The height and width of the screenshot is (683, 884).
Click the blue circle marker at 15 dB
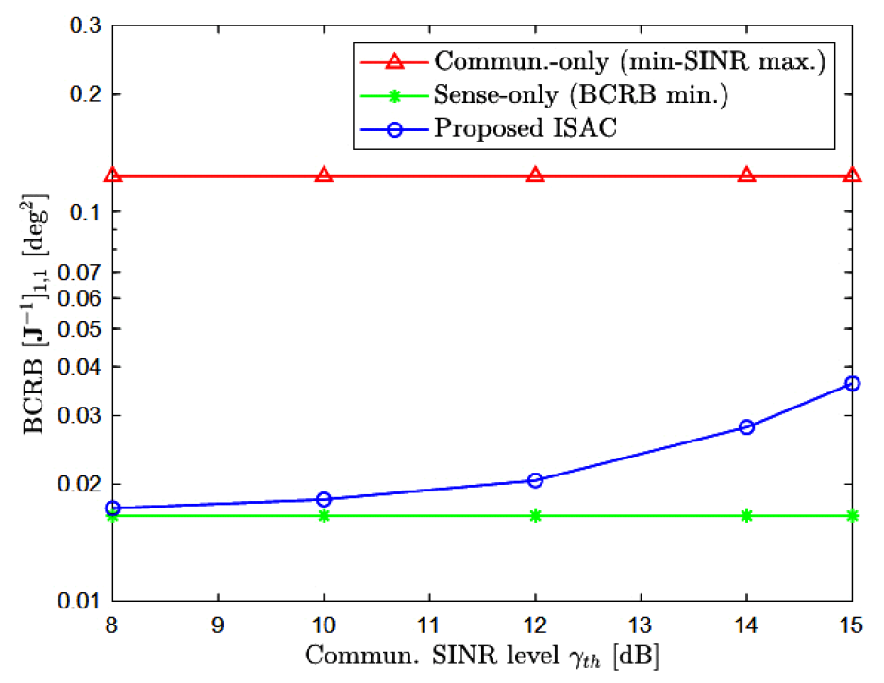tap(852, 383)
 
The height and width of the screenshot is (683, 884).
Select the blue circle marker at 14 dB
tap(746, 426)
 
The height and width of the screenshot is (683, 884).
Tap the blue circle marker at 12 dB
tap(535, 480)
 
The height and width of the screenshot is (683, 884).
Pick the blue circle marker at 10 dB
tap(324, 499)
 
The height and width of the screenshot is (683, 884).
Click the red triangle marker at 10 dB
tap(324, 175)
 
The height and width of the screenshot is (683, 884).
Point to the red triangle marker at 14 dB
tap(746, 175)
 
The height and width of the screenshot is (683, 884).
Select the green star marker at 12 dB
tap(535, 515)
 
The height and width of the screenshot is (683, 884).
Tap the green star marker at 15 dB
tap(852, 515)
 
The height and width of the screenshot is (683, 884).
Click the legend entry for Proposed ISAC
tap(525, 129)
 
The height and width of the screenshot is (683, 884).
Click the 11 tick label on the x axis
tap(429, 625)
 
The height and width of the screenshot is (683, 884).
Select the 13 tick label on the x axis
tap(641, 625)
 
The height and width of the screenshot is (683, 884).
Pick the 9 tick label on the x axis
tap(218, 625)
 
